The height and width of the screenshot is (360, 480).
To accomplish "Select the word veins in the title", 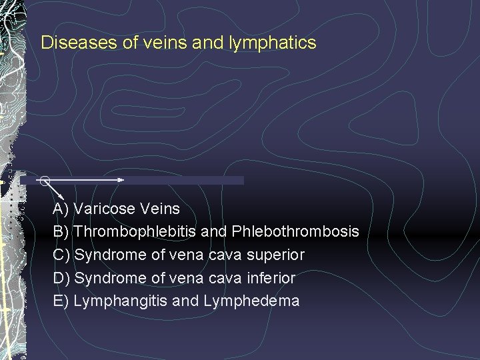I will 158,43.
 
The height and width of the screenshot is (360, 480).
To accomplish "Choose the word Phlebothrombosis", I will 296,232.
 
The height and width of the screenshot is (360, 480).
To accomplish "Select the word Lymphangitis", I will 121,301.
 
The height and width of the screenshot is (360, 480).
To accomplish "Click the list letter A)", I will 61,209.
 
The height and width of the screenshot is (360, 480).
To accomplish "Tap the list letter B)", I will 61,232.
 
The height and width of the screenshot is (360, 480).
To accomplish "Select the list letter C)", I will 61,255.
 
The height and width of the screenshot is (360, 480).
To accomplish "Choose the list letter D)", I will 61,278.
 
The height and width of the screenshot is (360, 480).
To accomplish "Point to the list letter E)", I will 61,301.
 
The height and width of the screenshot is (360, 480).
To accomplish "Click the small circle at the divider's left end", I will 44,180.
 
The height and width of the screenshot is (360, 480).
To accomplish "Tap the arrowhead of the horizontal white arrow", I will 121,180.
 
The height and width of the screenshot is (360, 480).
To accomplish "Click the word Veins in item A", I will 161,209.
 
